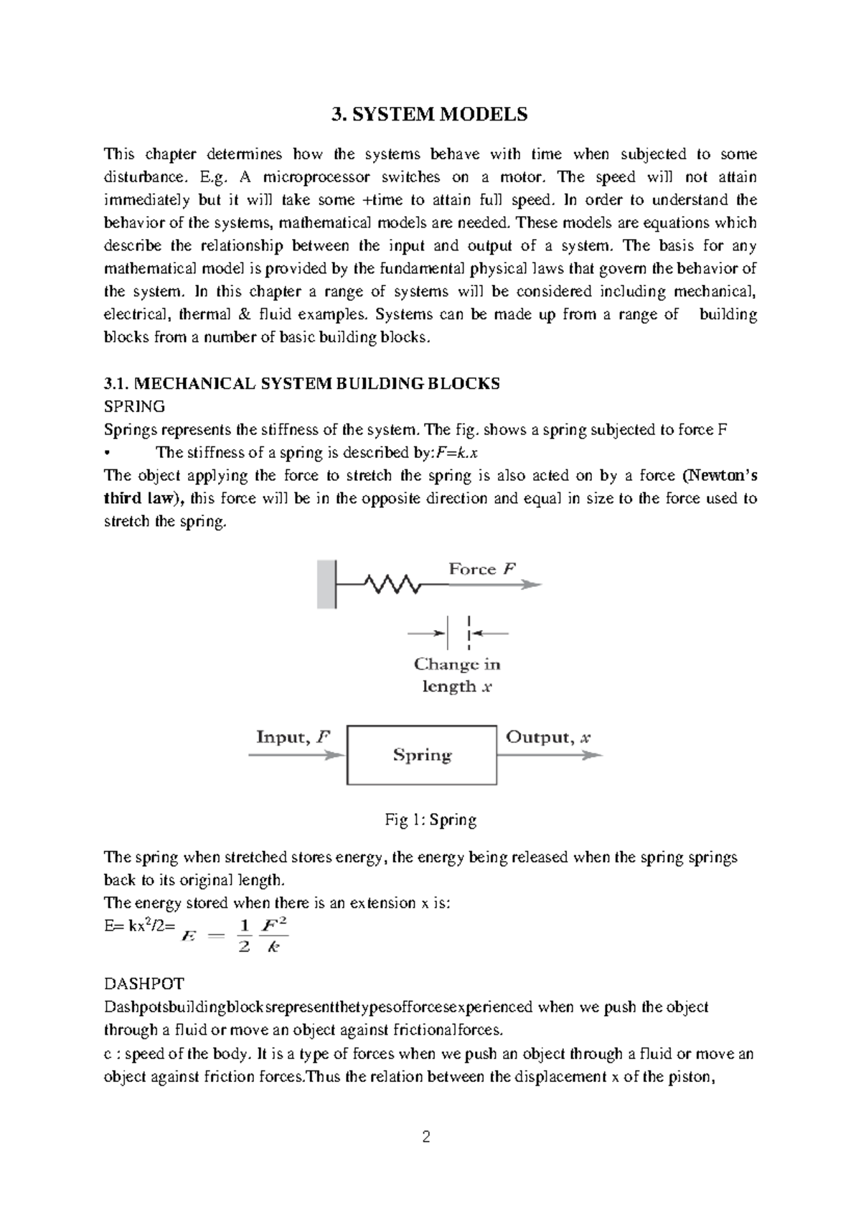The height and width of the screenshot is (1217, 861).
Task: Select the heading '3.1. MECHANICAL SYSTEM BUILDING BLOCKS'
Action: [302, 383]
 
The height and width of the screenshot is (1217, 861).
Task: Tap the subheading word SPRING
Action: [134, 406]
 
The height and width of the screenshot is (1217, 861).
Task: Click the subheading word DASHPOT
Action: [143, 983]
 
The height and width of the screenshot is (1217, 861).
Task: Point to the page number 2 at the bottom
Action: [427, 1137]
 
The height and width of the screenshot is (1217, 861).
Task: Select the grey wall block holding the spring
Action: [326, 584]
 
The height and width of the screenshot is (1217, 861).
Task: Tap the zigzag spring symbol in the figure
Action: [392, 584]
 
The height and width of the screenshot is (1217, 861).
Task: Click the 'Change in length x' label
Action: [457, 675]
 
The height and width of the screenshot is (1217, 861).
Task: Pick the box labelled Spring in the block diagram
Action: [422, 755]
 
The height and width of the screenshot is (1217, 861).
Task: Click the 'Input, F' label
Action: [293, 737]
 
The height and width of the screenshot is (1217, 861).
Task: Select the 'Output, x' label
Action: [548, 737]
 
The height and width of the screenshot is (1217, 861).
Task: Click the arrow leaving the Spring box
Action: [550, 755]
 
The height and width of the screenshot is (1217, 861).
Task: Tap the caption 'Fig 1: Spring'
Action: [430, 819]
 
